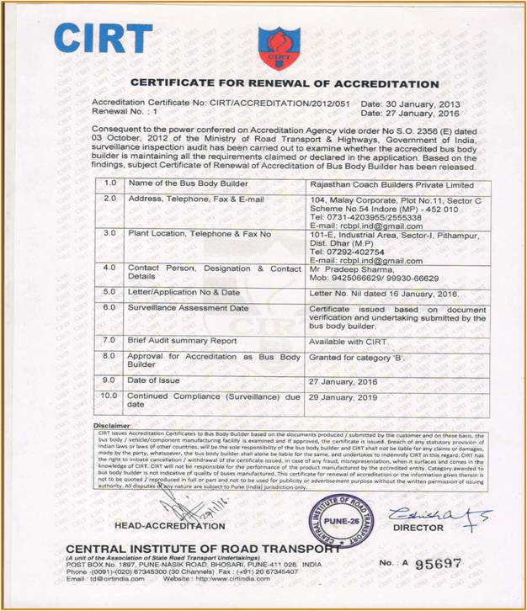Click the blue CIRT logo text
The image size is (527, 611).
coord(104,39)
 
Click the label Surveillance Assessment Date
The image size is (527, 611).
coord(188,308)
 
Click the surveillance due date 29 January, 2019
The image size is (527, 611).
coord(345,395)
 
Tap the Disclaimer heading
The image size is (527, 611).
coord(113,426)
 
